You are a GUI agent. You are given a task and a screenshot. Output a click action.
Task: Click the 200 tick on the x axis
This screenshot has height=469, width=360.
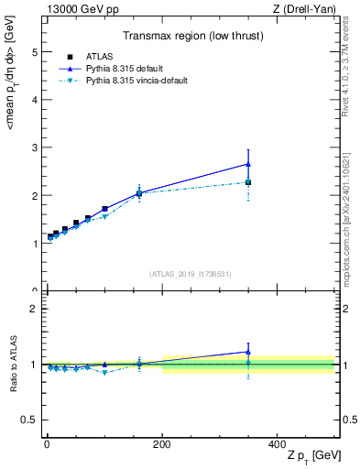click(x=162, y=443)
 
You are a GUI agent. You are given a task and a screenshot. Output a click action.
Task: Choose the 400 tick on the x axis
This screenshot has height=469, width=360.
click(x=277, y=443)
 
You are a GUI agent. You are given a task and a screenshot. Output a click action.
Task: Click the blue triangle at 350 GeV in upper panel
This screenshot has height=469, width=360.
click(x=248, y=164)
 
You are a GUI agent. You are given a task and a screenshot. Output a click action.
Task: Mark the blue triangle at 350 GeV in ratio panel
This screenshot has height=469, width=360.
click(x=248, y=352)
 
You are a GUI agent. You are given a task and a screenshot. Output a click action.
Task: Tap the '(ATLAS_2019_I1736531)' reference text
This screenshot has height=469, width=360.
click(x=191, y=274)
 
